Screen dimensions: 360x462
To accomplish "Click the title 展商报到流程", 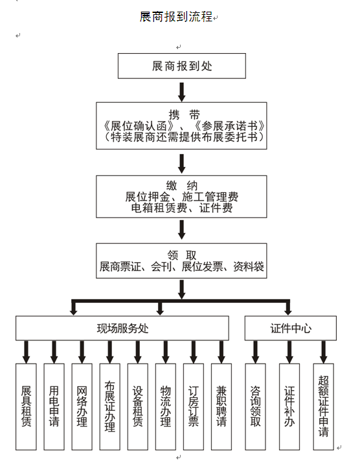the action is (176, 17).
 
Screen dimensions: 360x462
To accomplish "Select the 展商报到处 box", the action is (182, 66).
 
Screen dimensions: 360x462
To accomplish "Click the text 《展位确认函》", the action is (139, 126).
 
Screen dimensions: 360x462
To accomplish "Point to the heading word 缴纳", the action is (182, 186).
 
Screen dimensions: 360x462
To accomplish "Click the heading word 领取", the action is (182, 255).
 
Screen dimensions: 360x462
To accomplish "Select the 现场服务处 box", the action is (122, 328).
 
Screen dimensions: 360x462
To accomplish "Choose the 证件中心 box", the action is (291, 328).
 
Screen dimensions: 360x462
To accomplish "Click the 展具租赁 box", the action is (26, 406).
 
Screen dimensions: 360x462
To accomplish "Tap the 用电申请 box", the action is (54, 406).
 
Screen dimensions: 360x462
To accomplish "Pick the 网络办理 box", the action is (82, 406).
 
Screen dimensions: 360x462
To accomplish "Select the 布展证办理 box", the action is (109, 406).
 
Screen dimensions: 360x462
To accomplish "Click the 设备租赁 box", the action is (138, 406).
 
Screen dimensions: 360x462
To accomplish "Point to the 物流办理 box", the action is (165, 406).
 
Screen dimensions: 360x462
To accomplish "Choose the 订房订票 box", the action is (194, 406).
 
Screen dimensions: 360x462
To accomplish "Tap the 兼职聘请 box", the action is (221, 406).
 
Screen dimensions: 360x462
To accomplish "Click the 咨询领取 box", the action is (255, 406).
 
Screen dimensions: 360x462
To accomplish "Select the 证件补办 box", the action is (289, 406).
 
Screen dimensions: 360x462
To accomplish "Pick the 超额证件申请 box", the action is (324, 406).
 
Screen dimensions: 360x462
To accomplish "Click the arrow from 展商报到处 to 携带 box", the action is (182, 92).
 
